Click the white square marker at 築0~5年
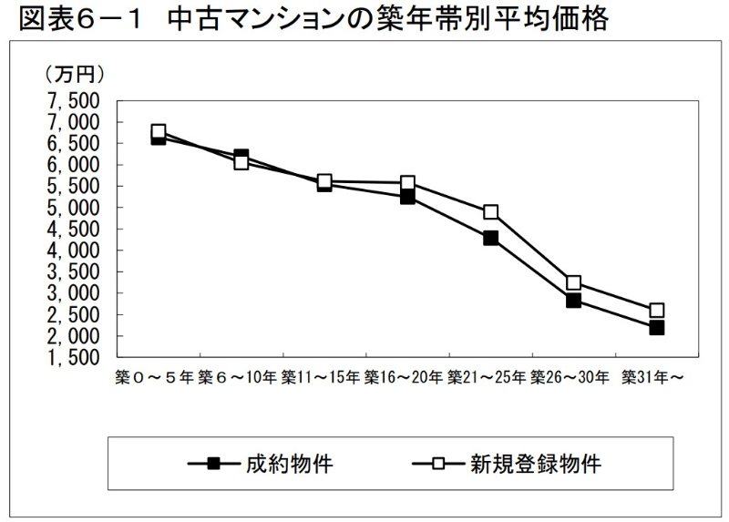pos(159,131)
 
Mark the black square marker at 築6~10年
pos(241,157)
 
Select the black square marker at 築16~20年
pos(407,196)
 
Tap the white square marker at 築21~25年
pos(491,212)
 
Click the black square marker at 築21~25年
pos(491,238)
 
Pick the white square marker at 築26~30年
pos(573,282)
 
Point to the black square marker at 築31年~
pos(656,327)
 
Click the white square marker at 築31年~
pos(656,310)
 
